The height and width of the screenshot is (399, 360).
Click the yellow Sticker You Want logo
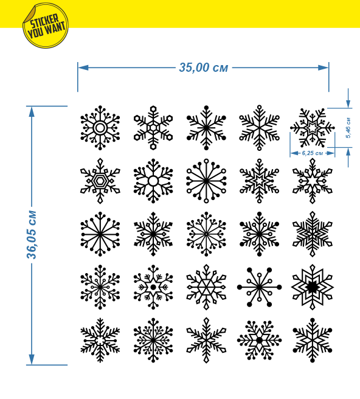[x=45, y=26]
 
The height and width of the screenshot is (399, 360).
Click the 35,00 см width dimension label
[x=204, y=68]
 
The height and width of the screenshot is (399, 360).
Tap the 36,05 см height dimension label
[x=32, y=235]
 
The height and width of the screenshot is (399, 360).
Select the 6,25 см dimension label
[x=313, y=153]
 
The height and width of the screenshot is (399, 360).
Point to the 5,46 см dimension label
[x=348, y=128]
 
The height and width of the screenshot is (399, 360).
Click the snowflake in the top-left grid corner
[x=100, y=128]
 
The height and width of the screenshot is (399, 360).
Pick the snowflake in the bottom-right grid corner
[x=313, y=340]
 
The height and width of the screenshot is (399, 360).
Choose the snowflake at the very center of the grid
[x=206, y=234]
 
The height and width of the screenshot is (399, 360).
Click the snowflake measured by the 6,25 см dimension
[x=313, y=128]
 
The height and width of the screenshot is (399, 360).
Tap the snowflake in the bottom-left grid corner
[x=100, y=340]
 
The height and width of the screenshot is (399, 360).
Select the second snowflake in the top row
[x=153, y=128]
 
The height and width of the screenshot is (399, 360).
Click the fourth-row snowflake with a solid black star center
[x=313, y=287]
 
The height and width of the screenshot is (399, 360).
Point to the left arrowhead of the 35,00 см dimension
[x=83, y=68]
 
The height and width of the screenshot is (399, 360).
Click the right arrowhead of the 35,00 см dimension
[x=324, y=68]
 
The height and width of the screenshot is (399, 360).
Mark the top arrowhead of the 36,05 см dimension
[x=32, y=112]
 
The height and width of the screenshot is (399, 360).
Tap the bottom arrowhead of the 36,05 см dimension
[x=32, y=359]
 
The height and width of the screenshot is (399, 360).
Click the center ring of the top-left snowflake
[x=100, y=122]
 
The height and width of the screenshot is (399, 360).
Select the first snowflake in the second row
[x=100, y=181]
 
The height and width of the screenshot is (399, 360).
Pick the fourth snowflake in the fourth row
[x=259, y=287]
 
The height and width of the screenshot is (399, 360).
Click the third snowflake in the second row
[x=206, y=181]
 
